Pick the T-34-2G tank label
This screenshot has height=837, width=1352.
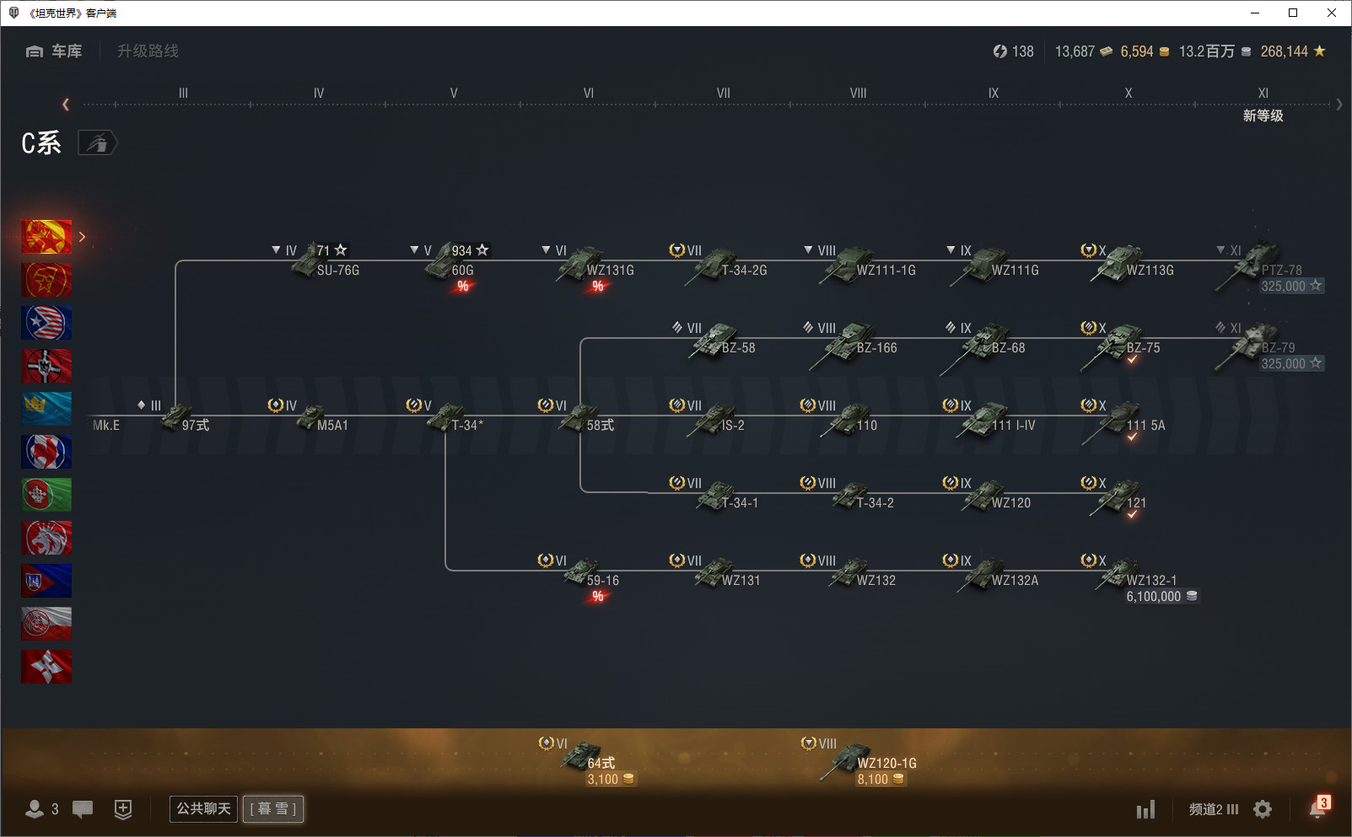click(744, 271)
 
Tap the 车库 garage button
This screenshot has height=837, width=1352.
click(54, 51)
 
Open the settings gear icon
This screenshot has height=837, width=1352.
click(1262, 808)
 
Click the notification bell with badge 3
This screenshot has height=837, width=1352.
click(1318, 807)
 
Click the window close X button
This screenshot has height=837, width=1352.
click(1331, 13)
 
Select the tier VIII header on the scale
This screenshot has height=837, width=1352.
click(858, 93)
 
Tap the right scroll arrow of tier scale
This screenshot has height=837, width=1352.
click(1339, 105)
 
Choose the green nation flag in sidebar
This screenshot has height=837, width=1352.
click(46, 495)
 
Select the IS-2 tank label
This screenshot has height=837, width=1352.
click(733, 426)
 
